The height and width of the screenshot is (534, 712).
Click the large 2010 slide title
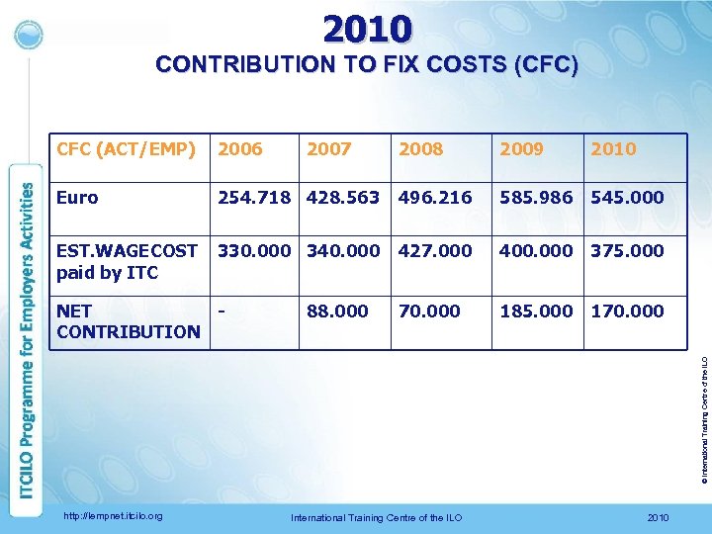click(366, 28)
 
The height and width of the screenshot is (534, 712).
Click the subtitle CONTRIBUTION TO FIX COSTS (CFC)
click(367, 66)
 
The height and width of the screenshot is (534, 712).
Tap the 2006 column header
click(240, 149)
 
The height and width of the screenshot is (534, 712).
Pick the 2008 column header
click(421, 149)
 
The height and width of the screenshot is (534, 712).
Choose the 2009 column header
click(521, 149)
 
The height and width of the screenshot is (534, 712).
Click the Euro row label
click(77, 198)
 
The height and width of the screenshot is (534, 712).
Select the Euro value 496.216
click(435, 198)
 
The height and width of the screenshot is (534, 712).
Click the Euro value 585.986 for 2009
click(535, 198)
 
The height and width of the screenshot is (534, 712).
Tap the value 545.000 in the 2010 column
click(627, 198)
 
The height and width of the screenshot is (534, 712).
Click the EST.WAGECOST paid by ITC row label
click(127, 261)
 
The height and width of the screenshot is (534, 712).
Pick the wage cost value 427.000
click(435, 251)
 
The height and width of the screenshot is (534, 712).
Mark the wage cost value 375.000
click(627, 251)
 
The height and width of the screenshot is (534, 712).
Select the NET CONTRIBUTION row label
click(128, 321)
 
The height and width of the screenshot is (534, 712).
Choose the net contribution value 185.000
click(535, 311)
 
